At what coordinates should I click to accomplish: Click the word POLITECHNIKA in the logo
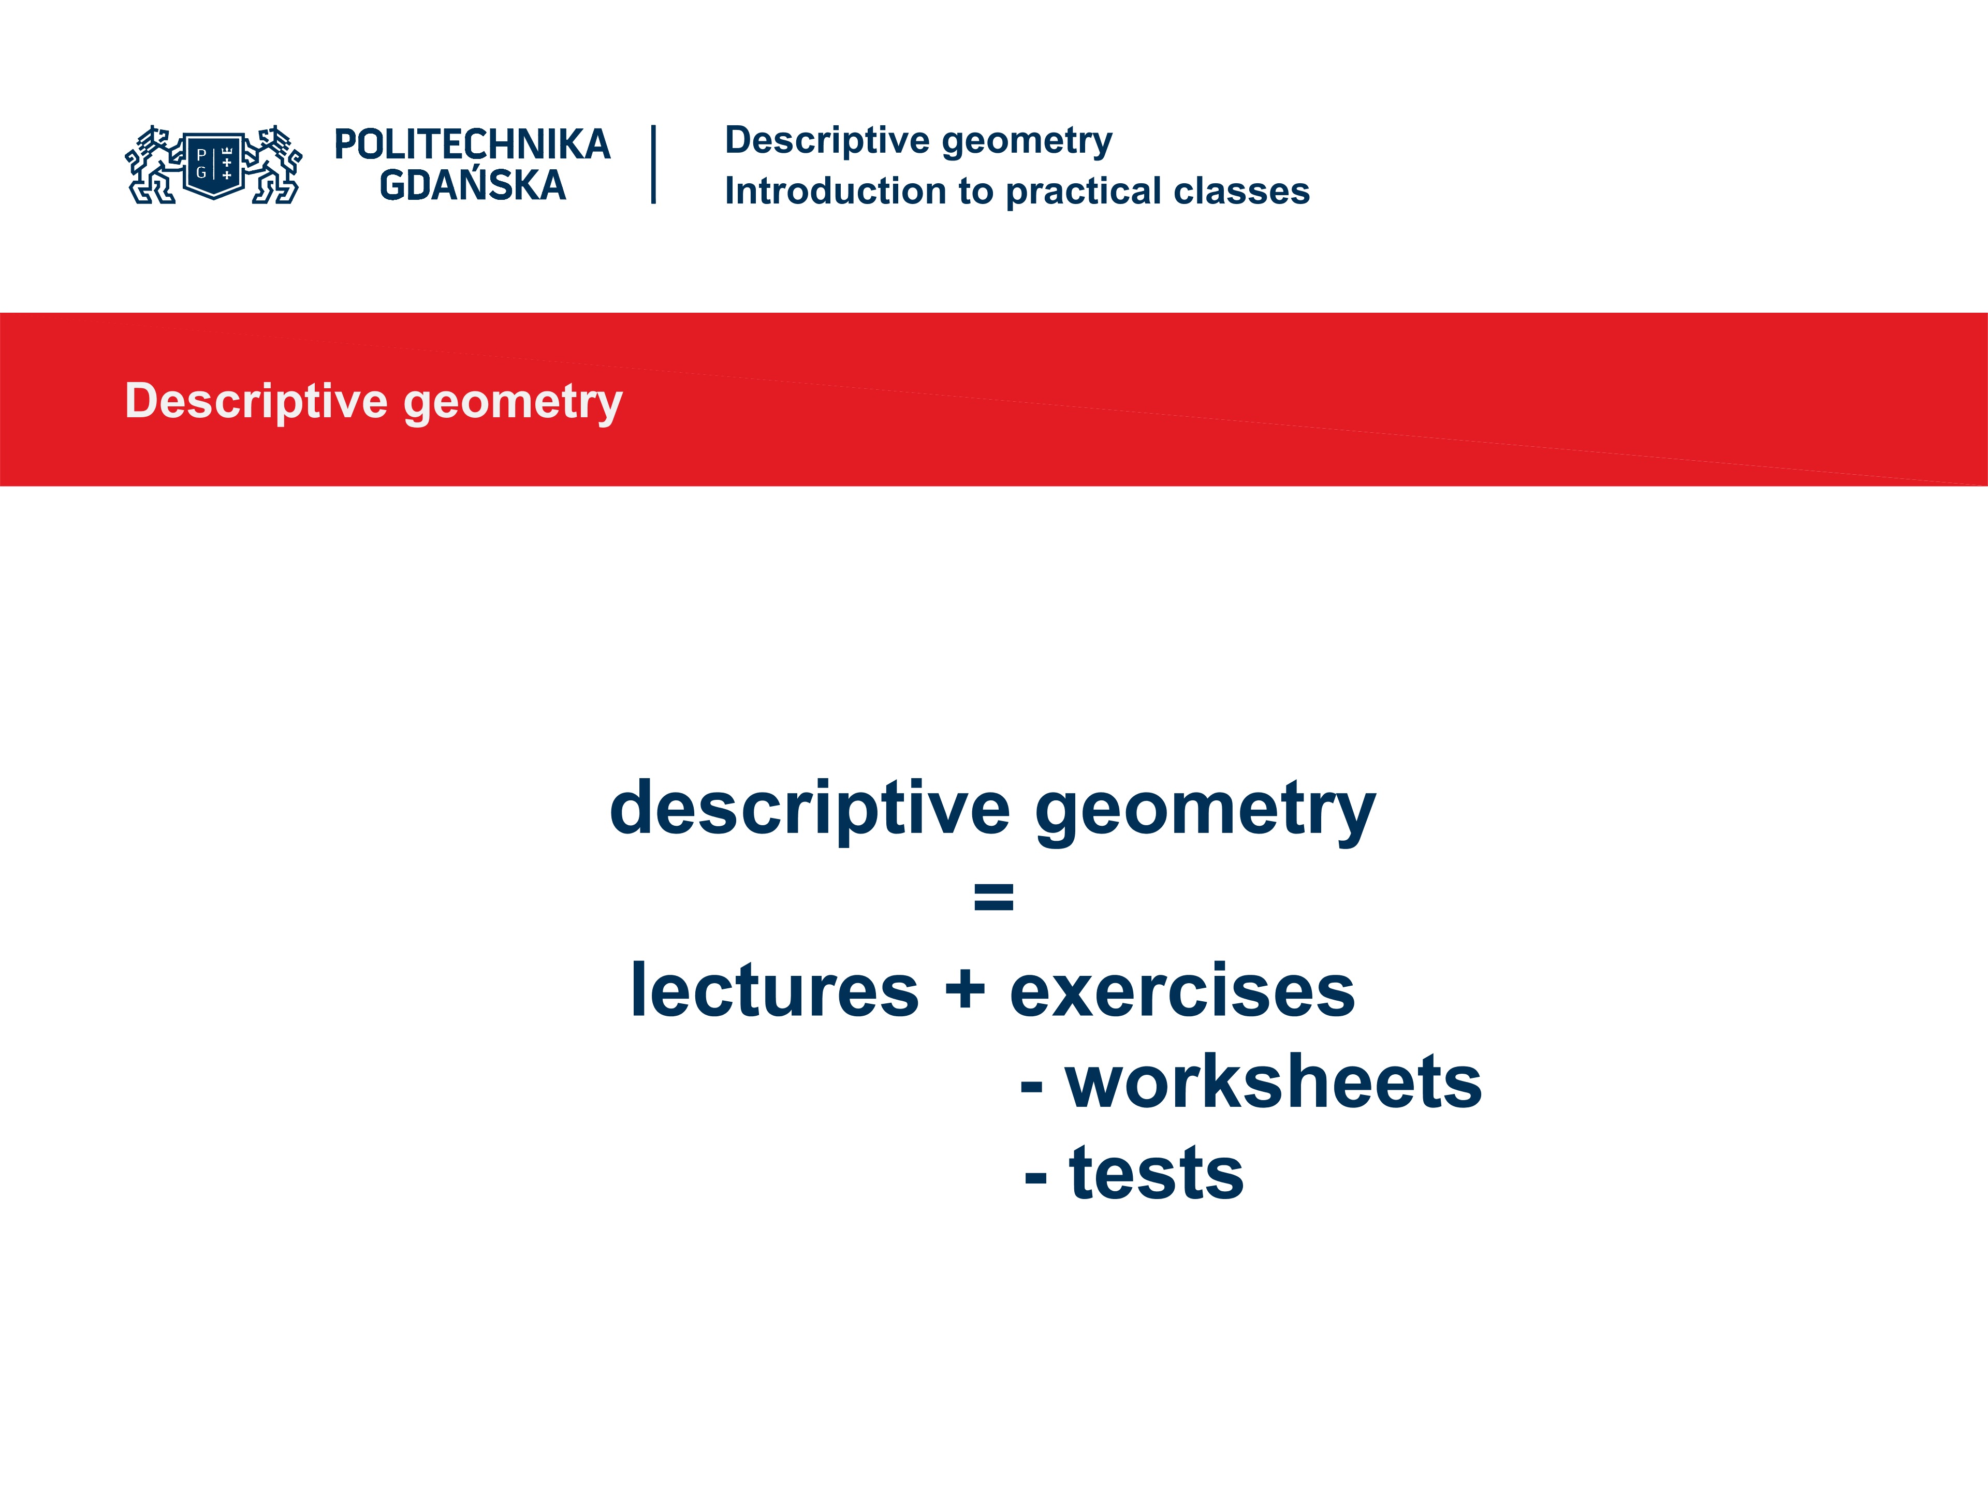472,144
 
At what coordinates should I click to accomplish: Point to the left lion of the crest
153,165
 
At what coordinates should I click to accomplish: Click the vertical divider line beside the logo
653,165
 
